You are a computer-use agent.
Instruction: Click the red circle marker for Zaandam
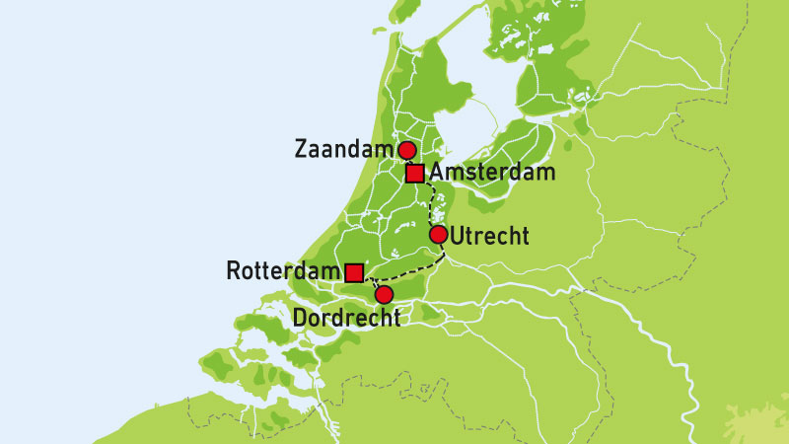point(405,150)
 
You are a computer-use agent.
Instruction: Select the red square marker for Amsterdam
point(415,174)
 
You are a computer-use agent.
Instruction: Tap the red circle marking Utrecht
point(439,235)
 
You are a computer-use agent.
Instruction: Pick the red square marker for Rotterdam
point(354,271)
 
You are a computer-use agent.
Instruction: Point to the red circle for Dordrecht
point(385,294)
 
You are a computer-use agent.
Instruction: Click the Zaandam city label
point(344,150)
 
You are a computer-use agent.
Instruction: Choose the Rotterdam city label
point(282,270)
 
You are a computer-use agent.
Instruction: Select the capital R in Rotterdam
point(234,270)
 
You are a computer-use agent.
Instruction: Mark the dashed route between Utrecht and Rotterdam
point(404,270)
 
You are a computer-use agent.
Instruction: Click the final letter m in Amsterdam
point(545,174)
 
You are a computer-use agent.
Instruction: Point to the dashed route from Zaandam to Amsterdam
point(410,162)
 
